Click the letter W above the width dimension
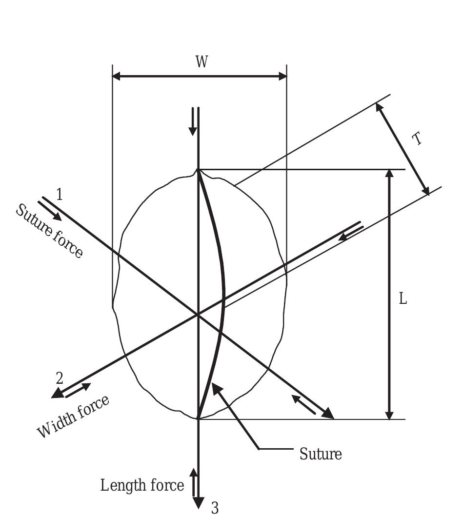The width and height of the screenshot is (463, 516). pos(202,62)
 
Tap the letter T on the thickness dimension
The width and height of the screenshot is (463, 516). pos(416,139)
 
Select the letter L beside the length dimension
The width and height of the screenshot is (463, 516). pos(403,299)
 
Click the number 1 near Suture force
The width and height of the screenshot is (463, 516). pos(59,195)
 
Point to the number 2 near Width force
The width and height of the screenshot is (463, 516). pos(60,378)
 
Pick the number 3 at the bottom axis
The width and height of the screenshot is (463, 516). pos(215,508)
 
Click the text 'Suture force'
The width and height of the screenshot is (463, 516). pos(49,231)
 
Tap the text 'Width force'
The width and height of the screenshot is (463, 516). pos(73,416)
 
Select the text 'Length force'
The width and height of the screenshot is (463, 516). pos(142,485)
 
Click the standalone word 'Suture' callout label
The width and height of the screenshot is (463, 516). pos(321,454)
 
